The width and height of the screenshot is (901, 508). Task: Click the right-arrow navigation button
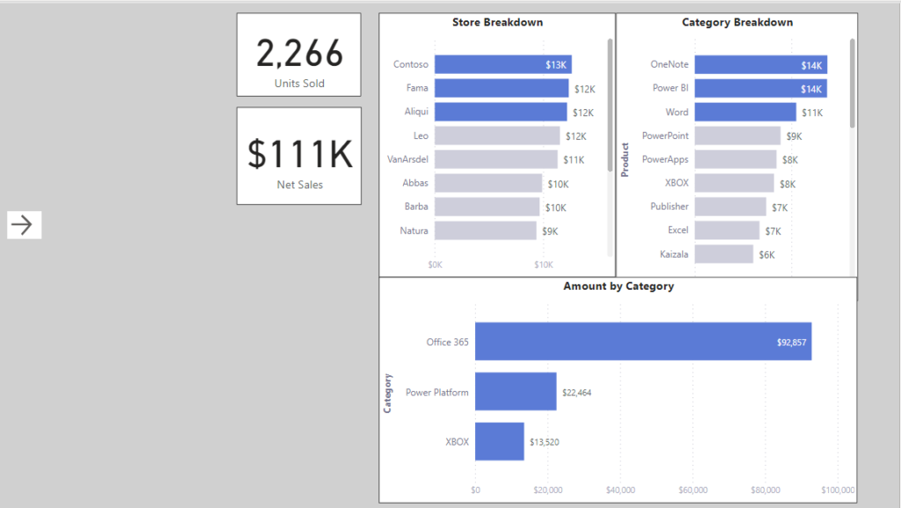24,225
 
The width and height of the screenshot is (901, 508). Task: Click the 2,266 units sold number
299,54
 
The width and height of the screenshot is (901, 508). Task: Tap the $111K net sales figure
299,154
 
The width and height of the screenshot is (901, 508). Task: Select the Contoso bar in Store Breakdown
502,64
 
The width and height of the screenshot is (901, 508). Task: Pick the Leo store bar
497,136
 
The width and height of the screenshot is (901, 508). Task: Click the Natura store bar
485,231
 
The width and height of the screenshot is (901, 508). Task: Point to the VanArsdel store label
408,159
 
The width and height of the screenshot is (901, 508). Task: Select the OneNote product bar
760,64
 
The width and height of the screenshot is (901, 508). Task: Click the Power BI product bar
760,88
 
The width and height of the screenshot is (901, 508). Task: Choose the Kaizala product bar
723,254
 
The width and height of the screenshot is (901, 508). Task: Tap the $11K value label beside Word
812,113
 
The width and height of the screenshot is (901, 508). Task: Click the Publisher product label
670,206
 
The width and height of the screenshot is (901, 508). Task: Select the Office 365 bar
642,342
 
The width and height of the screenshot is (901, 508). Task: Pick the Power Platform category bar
516,392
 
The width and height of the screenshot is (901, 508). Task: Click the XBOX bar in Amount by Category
499,441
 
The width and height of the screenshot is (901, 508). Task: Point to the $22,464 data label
576,393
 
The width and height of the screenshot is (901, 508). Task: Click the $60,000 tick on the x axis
693,490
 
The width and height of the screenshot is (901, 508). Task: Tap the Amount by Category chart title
619,286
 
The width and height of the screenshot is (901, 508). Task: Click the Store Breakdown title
497,22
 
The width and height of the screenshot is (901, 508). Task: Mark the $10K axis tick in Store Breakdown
543,265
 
